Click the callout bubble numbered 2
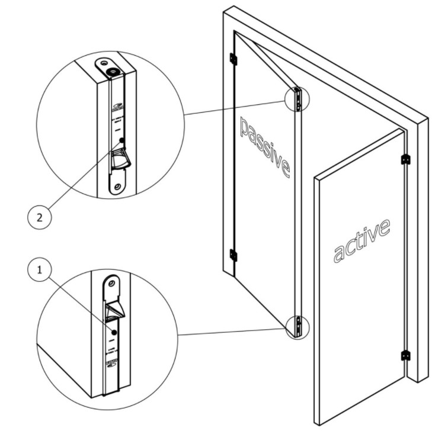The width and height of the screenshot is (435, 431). tap(39, 217)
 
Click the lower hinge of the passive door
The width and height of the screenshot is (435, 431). tap(233, 255)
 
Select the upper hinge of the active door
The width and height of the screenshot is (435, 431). tap(406, 159)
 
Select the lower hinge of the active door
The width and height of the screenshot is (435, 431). tap(406, 355)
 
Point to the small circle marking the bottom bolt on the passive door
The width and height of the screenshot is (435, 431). tap(296, 326)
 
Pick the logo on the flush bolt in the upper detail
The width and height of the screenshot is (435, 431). tap(116, 108)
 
